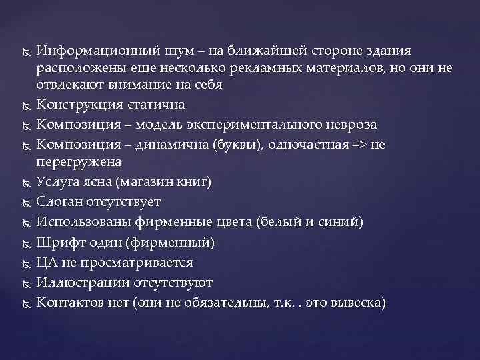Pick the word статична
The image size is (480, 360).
point(155,105)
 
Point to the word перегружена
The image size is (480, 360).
point(79,161)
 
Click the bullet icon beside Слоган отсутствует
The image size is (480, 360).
point(25,202)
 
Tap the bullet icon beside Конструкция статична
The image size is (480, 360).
point(25,106)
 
